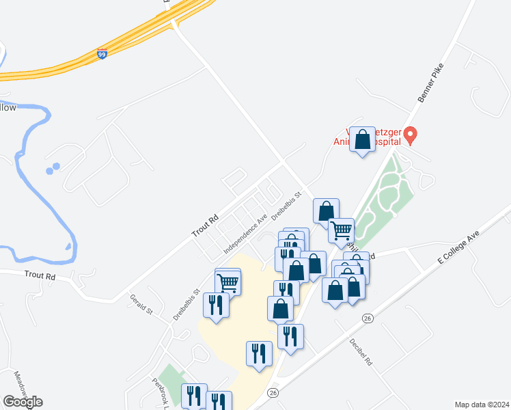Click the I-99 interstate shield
[102, 54]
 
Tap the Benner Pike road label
[429, 85]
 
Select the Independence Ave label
[245, 233]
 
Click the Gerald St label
[141, 304]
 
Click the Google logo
[23, 402]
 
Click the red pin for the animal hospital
[410, 135]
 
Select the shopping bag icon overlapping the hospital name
[363, 140]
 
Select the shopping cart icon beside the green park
[341, 230]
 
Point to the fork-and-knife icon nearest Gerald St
[215, 305]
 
